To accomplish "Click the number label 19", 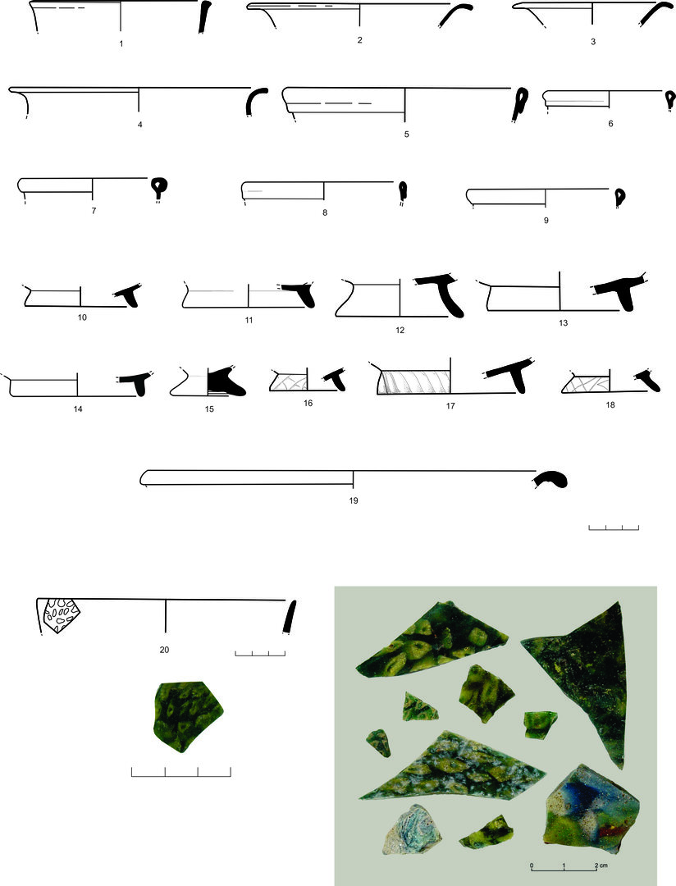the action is tap(354, 500).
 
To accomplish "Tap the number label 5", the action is tap(406, 135).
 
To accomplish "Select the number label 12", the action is tap(400, 330).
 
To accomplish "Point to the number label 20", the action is tap(164, 650).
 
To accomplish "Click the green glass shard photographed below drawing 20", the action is tap(188, 716).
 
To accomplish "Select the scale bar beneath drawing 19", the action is tap(614, 527).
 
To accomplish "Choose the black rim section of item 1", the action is tap(203, 17).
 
